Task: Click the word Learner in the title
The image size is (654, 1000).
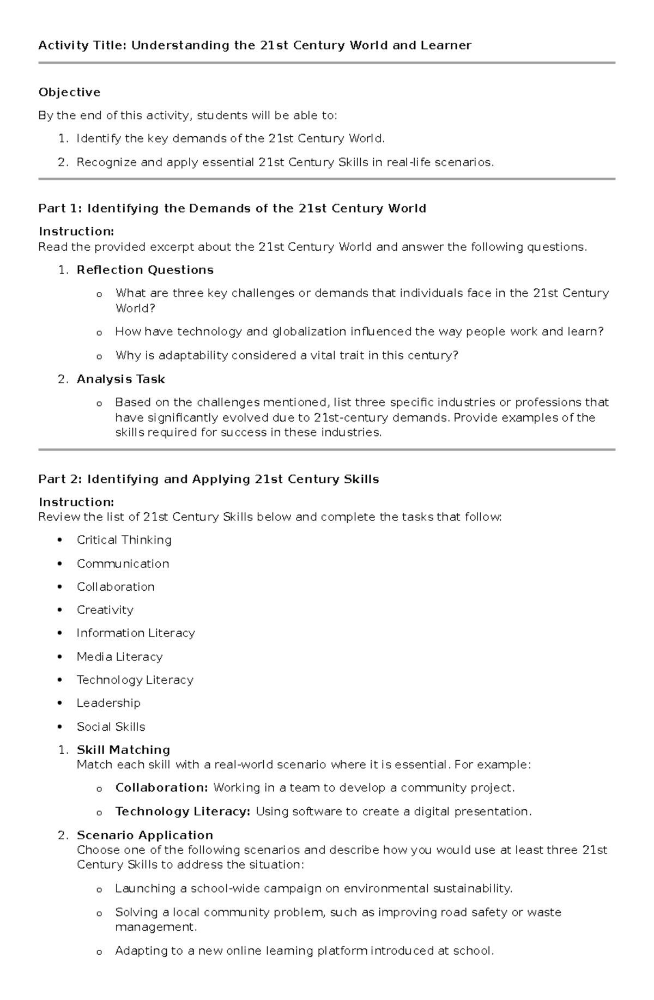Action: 445,45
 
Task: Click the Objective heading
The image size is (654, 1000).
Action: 69,92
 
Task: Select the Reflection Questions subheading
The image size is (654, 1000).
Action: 145,270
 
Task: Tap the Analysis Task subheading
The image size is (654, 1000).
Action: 120,379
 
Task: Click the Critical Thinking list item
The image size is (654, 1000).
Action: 124,540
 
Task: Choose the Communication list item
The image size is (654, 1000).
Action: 123,563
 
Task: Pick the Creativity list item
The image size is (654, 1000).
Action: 105,610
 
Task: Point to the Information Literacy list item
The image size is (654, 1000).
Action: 135,633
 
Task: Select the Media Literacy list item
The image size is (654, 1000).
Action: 119,657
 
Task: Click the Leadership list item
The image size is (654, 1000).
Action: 108,703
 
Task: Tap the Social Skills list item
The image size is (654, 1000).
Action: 111,726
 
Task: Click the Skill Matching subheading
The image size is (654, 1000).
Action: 123,750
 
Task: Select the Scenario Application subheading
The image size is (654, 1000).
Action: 144,835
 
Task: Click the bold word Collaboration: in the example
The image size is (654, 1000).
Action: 161,787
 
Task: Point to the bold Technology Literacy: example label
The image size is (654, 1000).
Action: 183,811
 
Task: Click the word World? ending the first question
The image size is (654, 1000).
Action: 135,308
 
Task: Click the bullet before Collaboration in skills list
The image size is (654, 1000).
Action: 60,587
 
